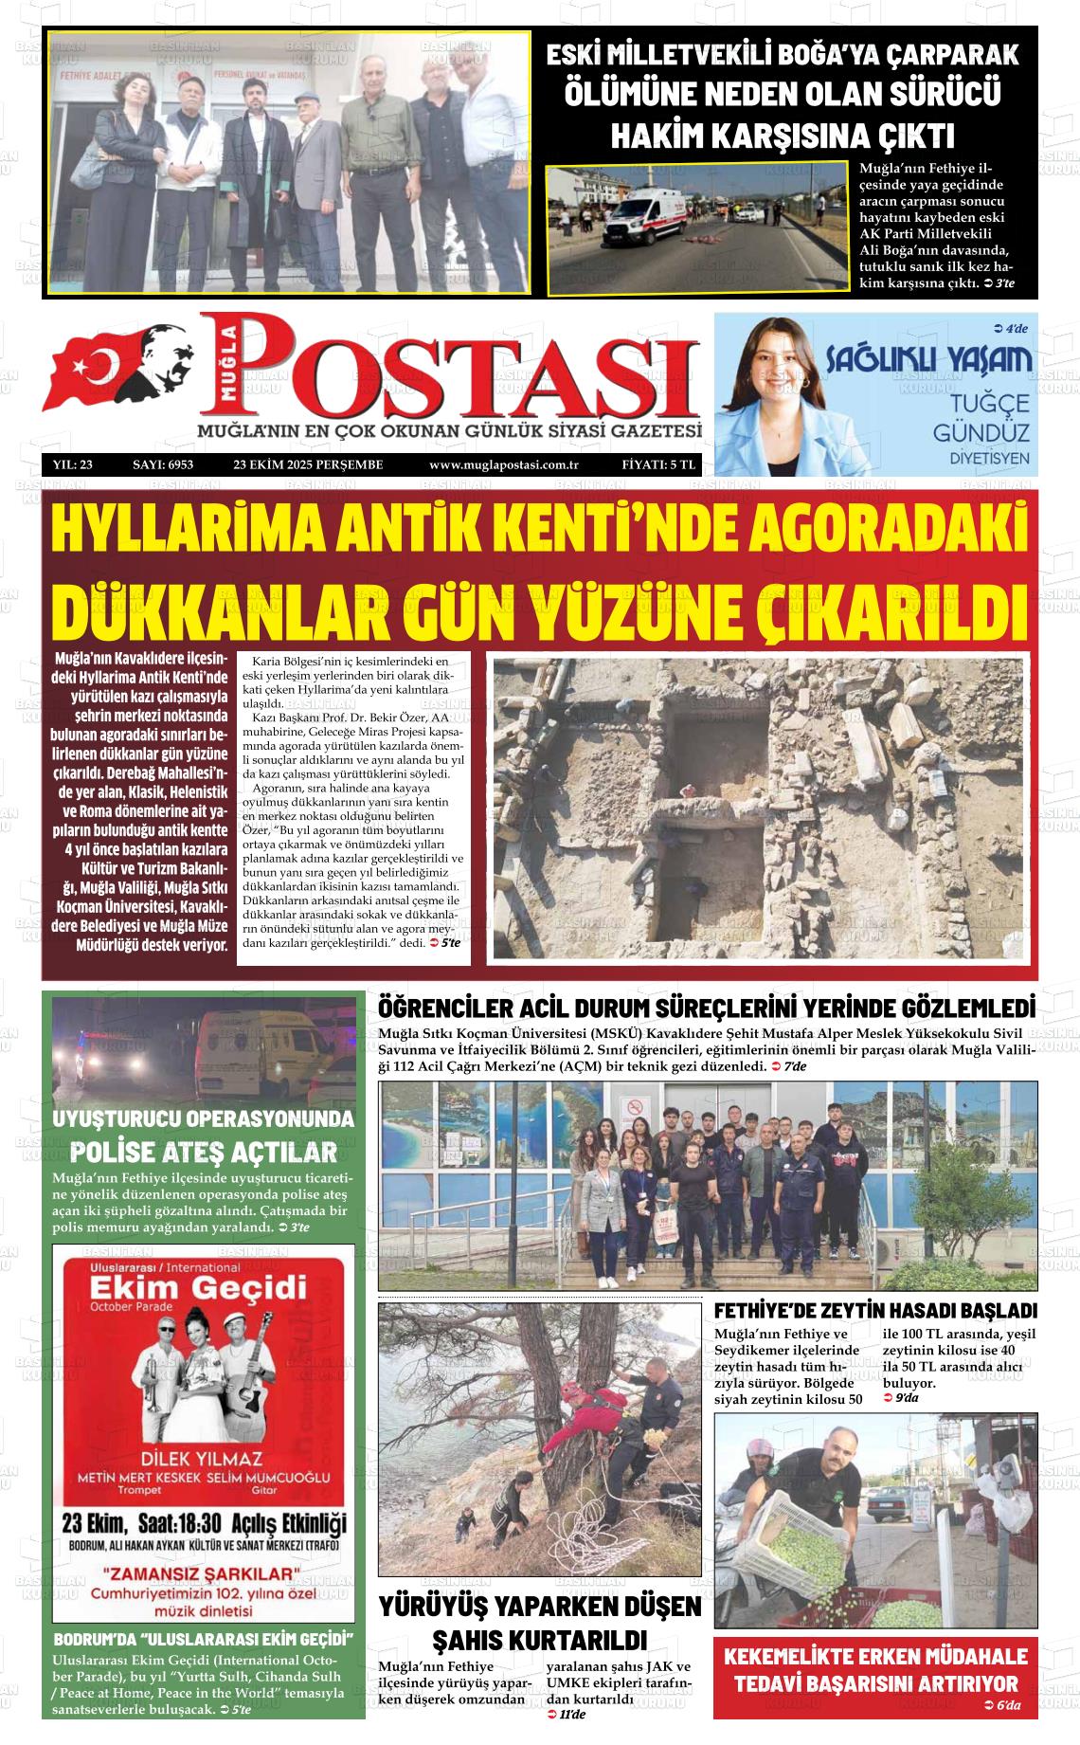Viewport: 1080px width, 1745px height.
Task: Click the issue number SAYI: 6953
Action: click(163, 464)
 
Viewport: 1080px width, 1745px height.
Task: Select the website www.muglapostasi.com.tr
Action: click(503, 464)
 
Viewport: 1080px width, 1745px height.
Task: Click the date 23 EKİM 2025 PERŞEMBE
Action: click(308, 464)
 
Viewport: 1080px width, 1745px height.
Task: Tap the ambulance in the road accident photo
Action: click(638, 217)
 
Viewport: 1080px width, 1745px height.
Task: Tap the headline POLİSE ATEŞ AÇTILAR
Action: click(204, 1153)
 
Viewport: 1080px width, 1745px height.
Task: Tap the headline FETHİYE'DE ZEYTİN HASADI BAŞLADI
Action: click(875, 1311)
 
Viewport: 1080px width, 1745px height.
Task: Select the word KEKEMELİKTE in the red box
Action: click(795, 1655)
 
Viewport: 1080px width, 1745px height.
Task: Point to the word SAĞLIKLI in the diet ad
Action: click(875, 359)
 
